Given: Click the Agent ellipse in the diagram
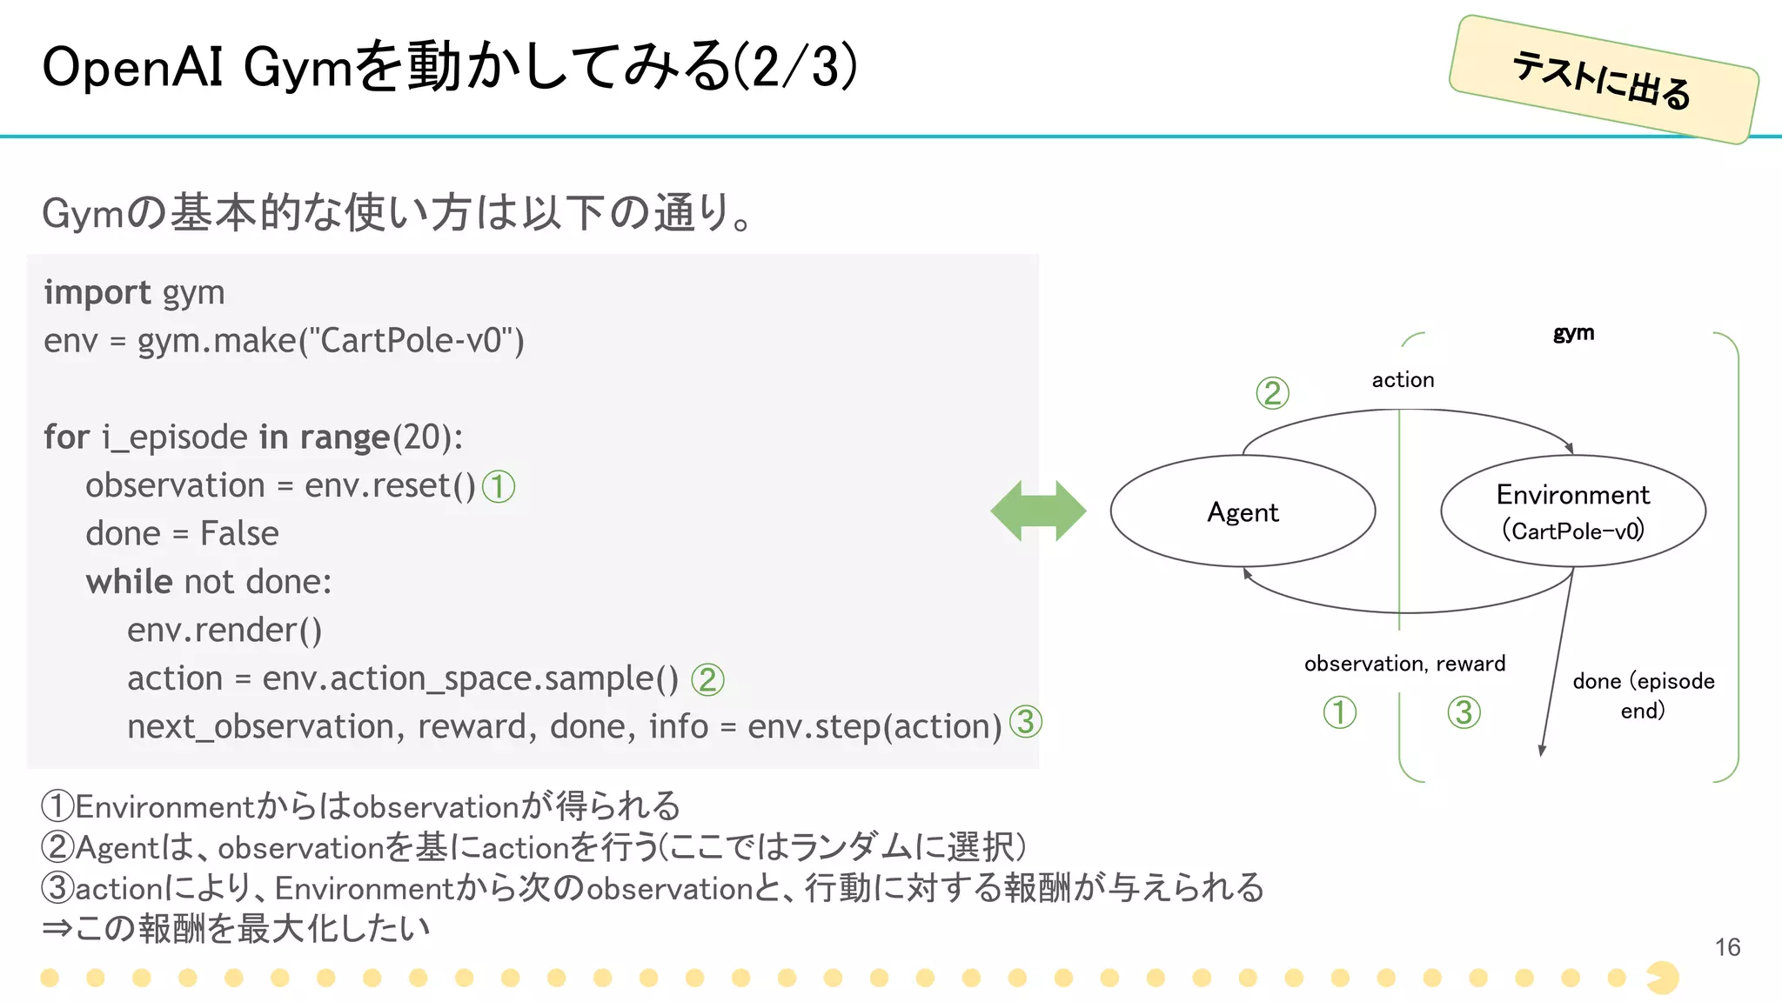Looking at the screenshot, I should tap(1243, 511).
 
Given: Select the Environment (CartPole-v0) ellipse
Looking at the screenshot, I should tap(1572, 511).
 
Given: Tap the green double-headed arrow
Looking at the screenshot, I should tap(1038, 511).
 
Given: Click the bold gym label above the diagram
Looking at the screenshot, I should tap(1573, 333).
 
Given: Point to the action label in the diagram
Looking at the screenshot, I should tap(1403, 380).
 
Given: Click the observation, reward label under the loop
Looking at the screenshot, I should tap(1404, 664).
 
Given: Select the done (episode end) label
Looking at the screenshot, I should tap(1643, 695).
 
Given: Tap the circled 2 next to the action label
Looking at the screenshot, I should tap(1272, 393).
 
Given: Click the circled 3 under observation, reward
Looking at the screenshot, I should tap(1464, 712).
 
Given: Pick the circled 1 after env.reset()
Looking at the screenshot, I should tap(499, 486).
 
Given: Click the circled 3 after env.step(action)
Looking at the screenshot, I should tap(1026, 721).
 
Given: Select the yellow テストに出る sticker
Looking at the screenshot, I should tap(1603, 79).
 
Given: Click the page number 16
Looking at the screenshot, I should tap(1727, 947).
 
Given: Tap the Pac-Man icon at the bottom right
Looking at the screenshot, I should tap(1663, 978).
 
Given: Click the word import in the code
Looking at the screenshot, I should tap(97, 293).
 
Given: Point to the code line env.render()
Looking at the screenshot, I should tap(224, 630).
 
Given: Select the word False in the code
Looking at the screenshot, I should tap(239, 533).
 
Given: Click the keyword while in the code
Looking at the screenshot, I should tap(129, 582).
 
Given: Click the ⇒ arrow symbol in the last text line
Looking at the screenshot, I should tap(57, 928).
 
